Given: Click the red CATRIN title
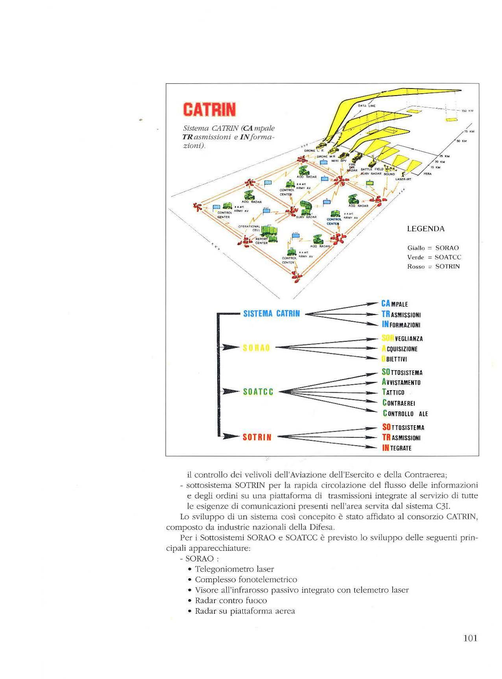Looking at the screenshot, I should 209,109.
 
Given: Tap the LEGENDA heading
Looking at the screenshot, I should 426,229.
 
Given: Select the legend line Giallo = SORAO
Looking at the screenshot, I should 433,248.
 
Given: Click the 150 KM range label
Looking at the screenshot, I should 467,111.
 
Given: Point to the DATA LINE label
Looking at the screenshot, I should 367,106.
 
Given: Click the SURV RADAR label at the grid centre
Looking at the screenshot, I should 306,217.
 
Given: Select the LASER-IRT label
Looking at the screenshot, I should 403,179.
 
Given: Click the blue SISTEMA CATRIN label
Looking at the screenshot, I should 271,314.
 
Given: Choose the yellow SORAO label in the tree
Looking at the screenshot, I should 257,348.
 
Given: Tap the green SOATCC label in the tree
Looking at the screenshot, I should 258,392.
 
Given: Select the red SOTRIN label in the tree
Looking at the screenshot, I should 257,437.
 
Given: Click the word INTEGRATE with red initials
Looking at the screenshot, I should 397,448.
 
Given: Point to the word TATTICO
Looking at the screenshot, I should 393,392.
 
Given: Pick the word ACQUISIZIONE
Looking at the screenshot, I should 399,349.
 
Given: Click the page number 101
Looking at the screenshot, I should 470,638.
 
